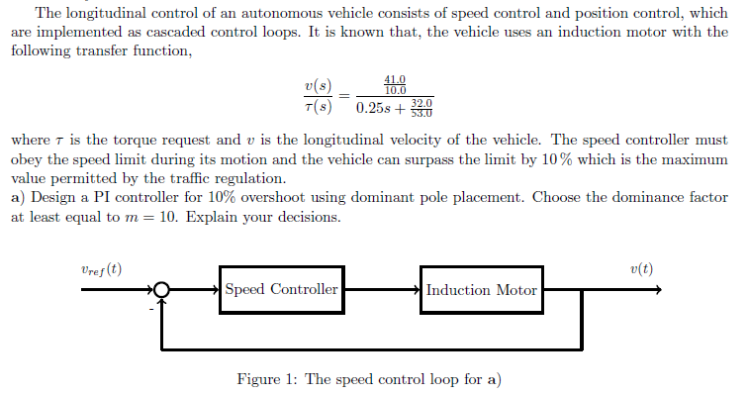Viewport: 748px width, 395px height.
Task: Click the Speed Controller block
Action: (282, 290)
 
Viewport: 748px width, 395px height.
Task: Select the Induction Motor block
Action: (482, 290)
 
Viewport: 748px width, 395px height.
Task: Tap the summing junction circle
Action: (162, 290)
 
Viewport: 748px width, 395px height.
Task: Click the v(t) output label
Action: (640, 268)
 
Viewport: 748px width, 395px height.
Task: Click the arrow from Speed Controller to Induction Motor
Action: (382, 290)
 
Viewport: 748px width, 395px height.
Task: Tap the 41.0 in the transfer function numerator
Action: (395, 81)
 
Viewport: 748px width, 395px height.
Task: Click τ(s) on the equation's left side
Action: (318, 106)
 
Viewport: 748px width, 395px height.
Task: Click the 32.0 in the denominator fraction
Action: (422, 102)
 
